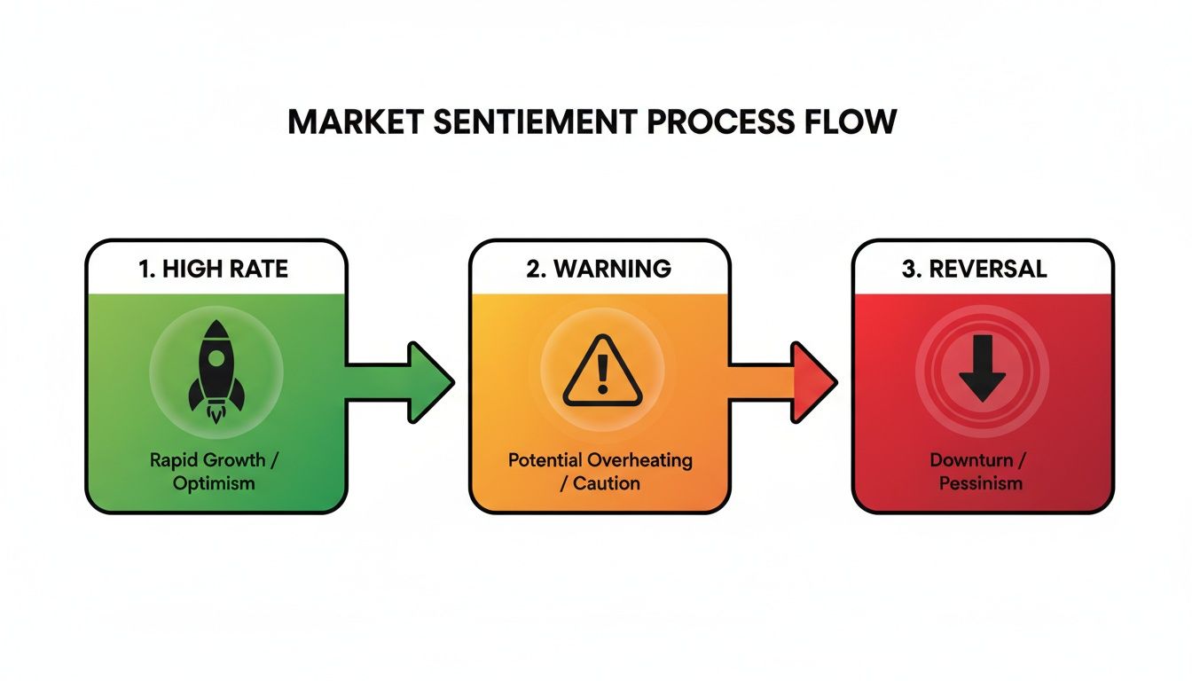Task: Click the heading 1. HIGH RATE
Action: tap(215, 269)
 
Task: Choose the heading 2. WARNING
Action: tap(599, 269)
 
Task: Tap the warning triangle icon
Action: tap(600, 371)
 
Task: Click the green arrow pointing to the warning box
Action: tap(401, 381)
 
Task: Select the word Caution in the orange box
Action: tap(607, 483)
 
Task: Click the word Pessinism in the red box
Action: tap(982, 483)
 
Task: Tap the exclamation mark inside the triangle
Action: tap(600, 374)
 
